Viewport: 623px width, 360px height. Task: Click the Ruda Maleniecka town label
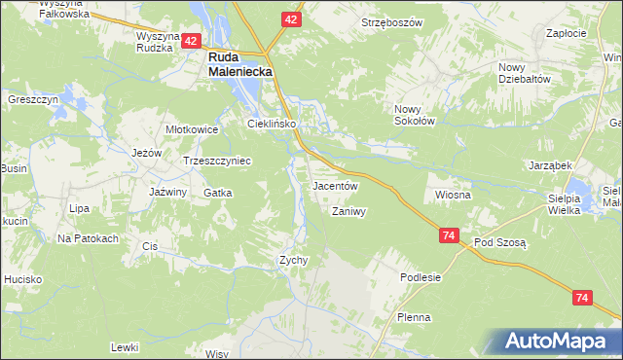(239, 64)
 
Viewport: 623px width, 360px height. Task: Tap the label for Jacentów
(335, 185)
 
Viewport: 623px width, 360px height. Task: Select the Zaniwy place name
(348, 211)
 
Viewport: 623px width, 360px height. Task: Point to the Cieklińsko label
(270, 124)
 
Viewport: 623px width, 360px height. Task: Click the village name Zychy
(293, 260)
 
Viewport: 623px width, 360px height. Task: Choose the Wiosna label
(453, 195)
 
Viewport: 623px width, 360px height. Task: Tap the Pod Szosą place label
(499, 242)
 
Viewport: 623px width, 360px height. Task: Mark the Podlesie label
(421, 277)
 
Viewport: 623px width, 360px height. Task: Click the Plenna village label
(414, 317)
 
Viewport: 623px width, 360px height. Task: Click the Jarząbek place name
(549, 165)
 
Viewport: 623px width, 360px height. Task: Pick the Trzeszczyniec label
(217, 161)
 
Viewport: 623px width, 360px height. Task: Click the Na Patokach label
(88, 238)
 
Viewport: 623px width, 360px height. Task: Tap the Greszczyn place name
(34, 99)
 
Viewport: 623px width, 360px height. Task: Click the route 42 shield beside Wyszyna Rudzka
(191, 41)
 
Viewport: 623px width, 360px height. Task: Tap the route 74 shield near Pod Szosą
(449, 236)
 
